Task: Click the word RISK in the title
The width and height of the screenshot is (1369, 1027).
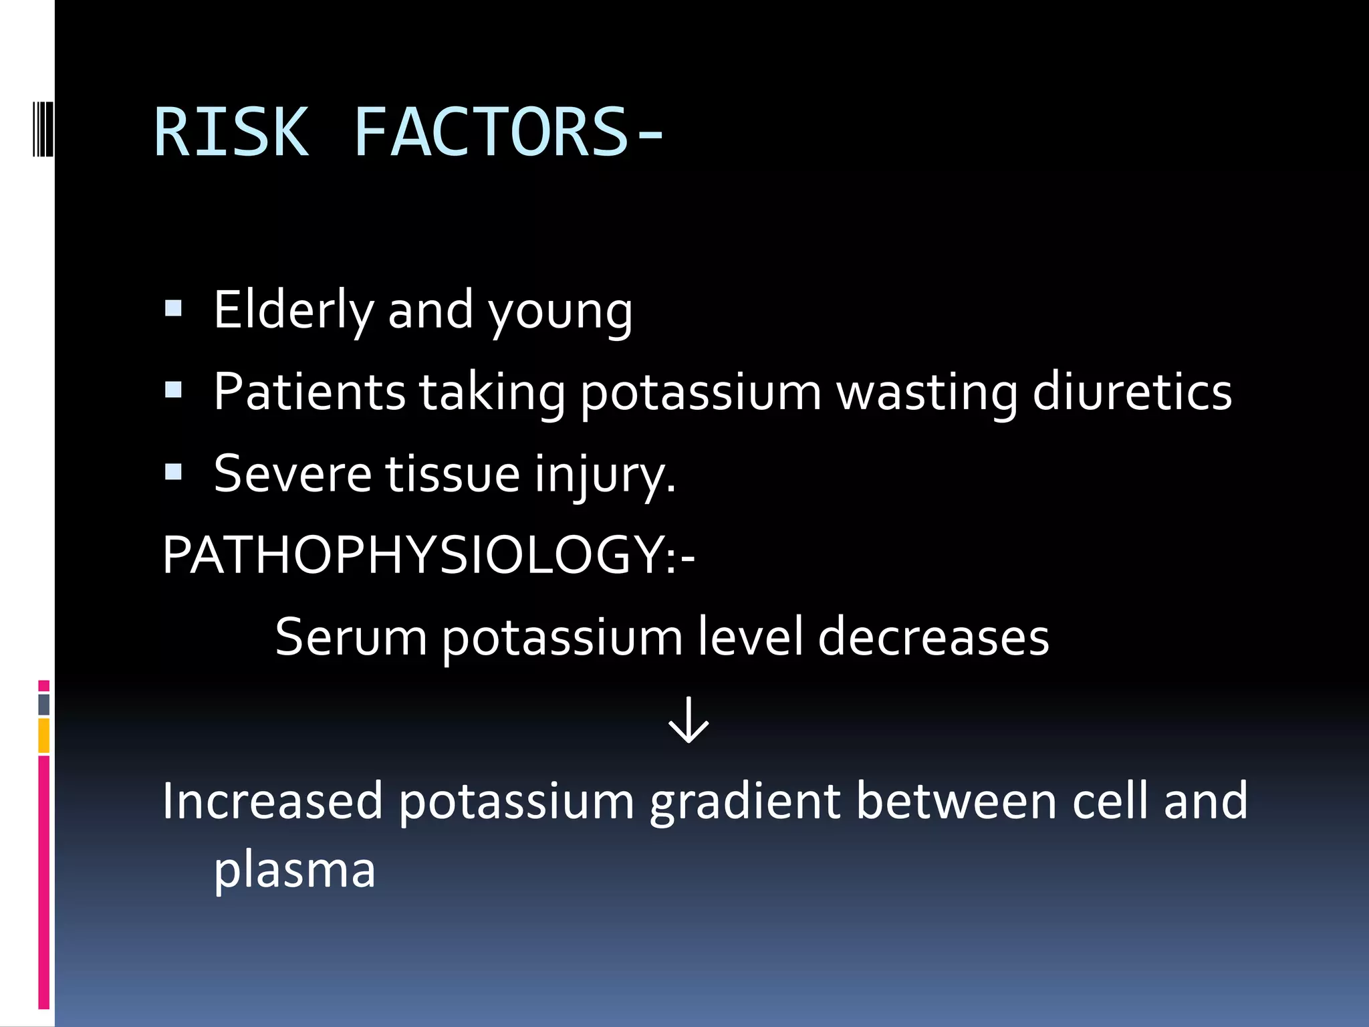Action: [231, 132]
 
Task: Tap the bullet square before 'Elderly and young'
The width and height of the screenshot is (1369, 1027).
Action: [174, 308]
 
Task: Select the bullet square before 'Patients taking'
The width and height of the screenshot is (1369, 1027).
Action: [174, 390]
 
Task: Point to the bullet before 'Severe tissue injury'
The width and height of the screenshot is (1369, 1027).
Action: [174, 472]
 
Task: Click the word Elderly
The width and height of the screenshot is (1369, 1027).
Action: [293, 310]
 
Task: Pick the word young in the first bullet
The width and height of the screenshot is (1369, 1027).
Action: [560, 313]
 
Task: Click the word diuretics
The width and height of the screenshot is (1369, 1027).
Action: [1132, 392]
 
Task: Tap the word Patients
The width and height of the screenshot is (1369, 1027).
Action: [309, 392]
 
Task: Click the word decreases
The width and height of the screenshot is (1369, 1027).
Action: [933, 637]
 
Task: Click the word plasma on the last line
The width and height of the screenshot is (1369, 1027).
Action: [295, 871]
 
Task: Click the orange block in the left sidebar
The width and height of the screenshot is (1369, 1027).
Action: [44, 735]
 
